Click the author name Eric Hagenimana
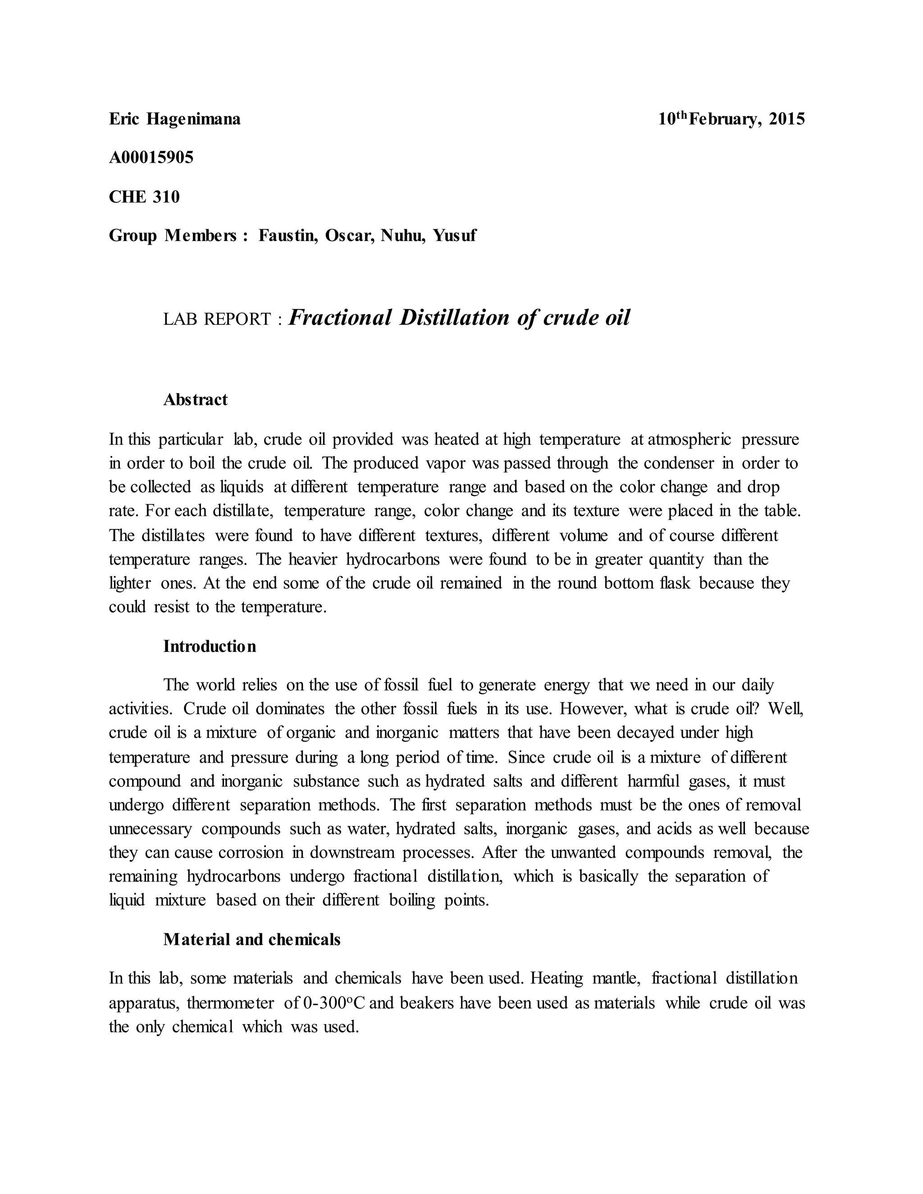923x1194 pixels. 174,119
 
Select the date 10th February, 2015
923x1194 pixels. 731,119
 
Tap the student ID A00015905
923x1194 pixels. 151,158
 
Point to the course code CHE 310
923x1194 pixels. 144,197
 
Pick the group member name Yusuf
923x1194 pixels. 454,236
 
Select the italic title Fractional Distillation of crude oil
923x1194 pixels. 459,318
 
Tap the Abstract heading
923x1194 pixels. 195,400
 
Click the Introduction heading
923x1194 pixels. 210,646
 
